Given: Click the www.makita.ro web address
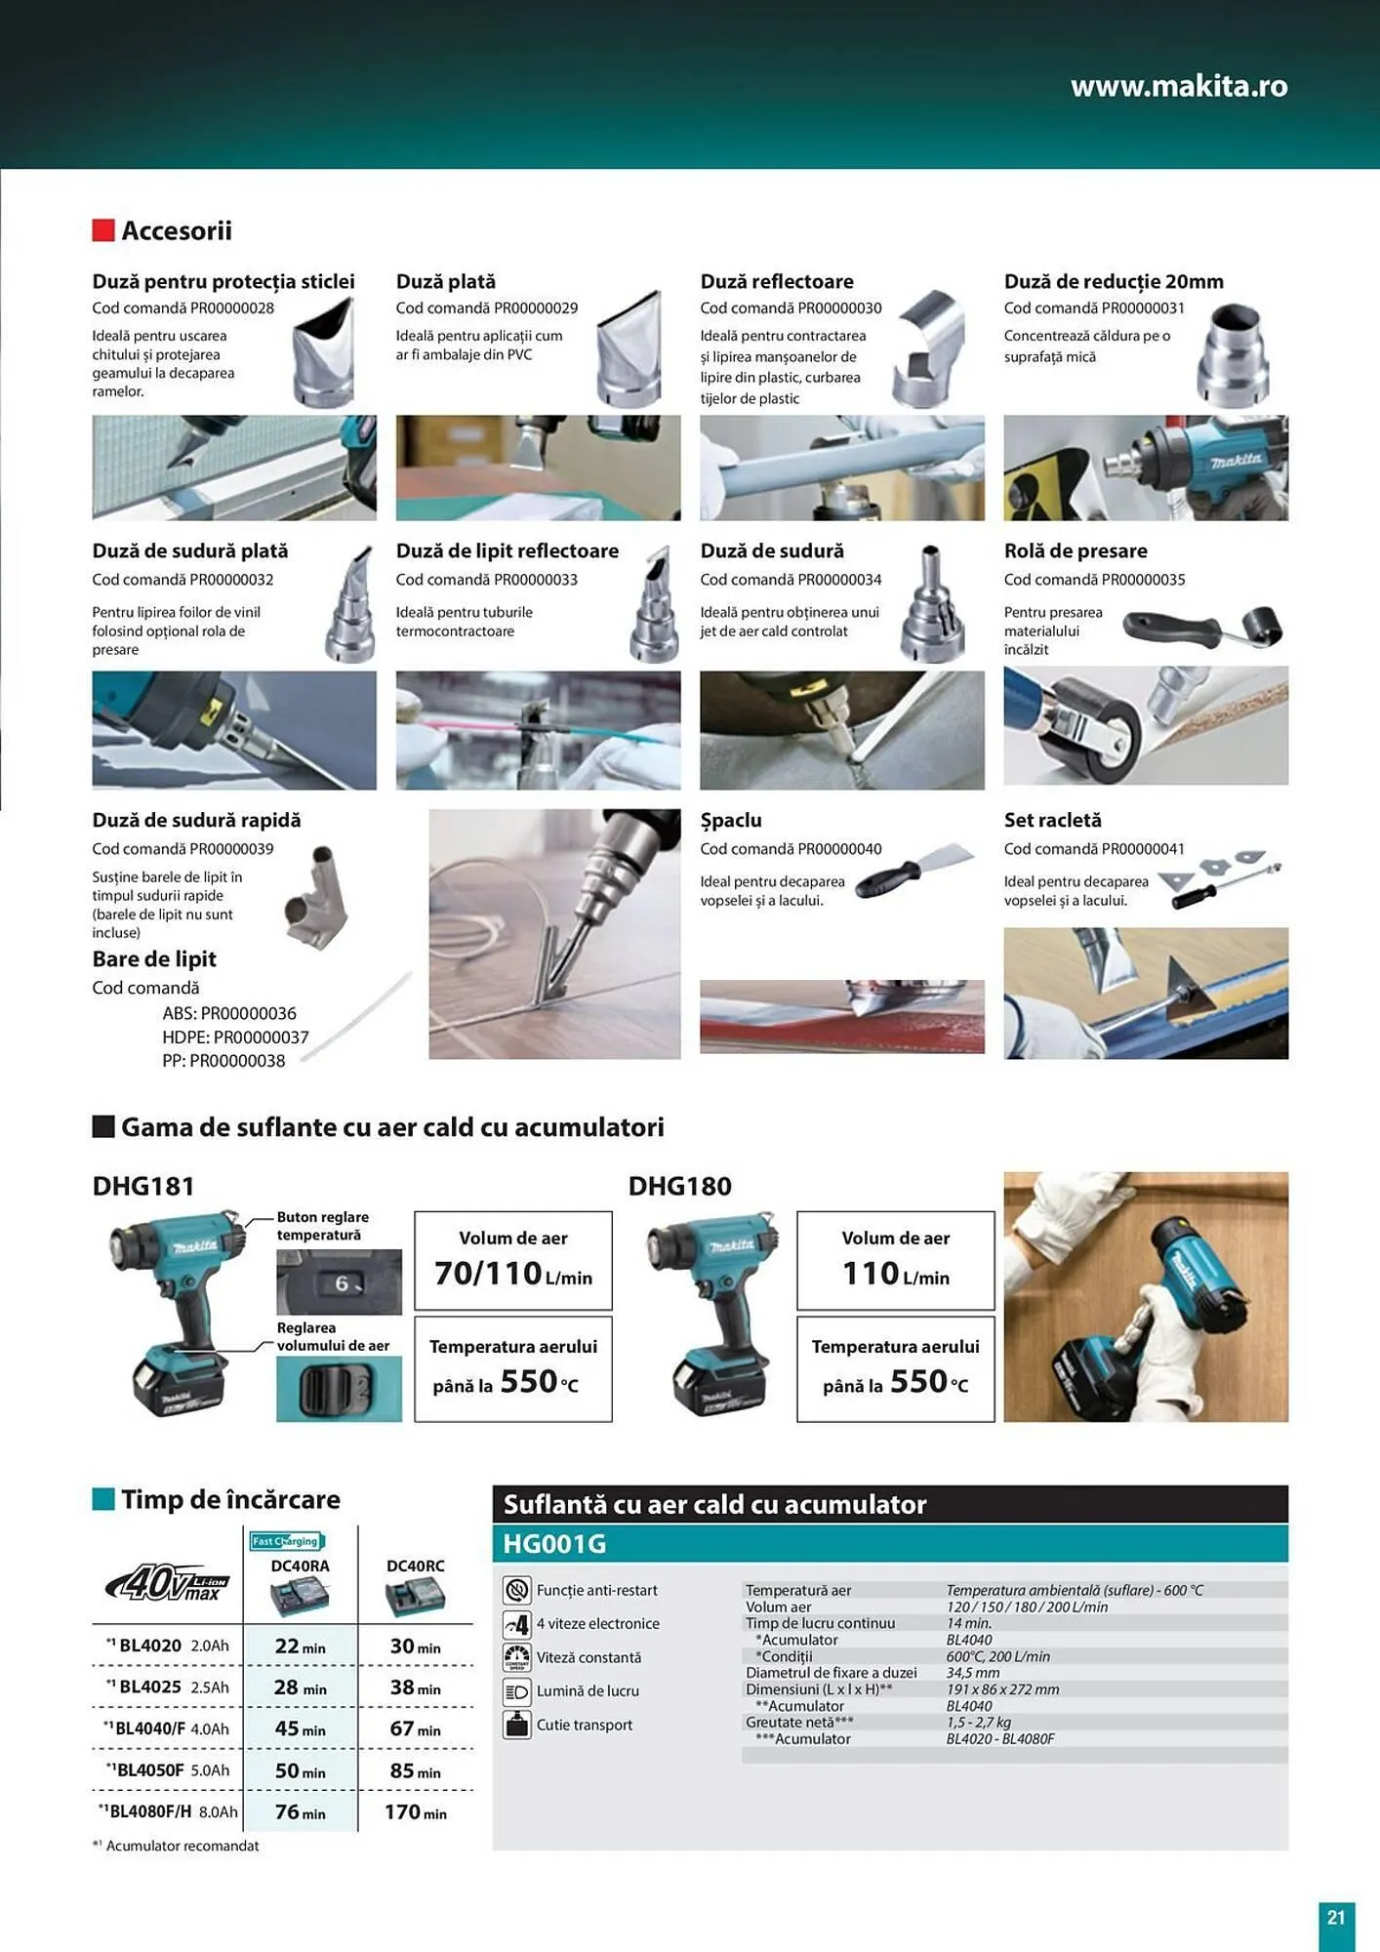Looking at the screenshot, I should click(1178, 87).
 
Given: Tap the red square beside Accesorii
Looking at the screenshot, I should click(103, 230).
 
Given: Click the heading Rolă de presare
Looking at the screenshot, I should click(1075, 551).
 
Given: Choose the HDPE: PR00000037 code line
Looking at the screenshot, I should click(235, 1037).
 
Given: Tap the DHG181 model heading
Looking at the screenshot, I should click(143, 1187).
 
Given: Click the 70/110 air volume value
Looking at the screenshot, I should click(488, 1274).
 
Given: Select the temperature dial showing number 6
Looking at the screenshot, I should click(339, 1282).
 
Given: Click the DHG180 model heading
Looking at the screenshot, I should click(679, 1187).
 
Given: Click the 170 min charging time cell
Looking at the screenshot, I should click(415, 1812).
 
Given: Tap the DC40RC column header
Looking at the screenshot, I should click(415, 1566).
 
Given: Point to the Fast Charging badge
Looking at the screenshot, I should click(285, 1541).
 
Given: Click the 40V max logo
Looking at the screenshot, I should click(168, 1583).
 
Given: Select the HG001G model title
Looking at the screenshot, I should click(554, 1544).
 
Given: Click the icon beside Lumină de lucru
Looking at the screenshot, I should click(516, 1691).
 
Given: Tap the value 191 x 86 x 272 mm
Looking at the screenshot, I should click(1002, 1689).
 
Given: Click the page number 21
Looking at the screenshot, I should click(1335, 1918).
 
